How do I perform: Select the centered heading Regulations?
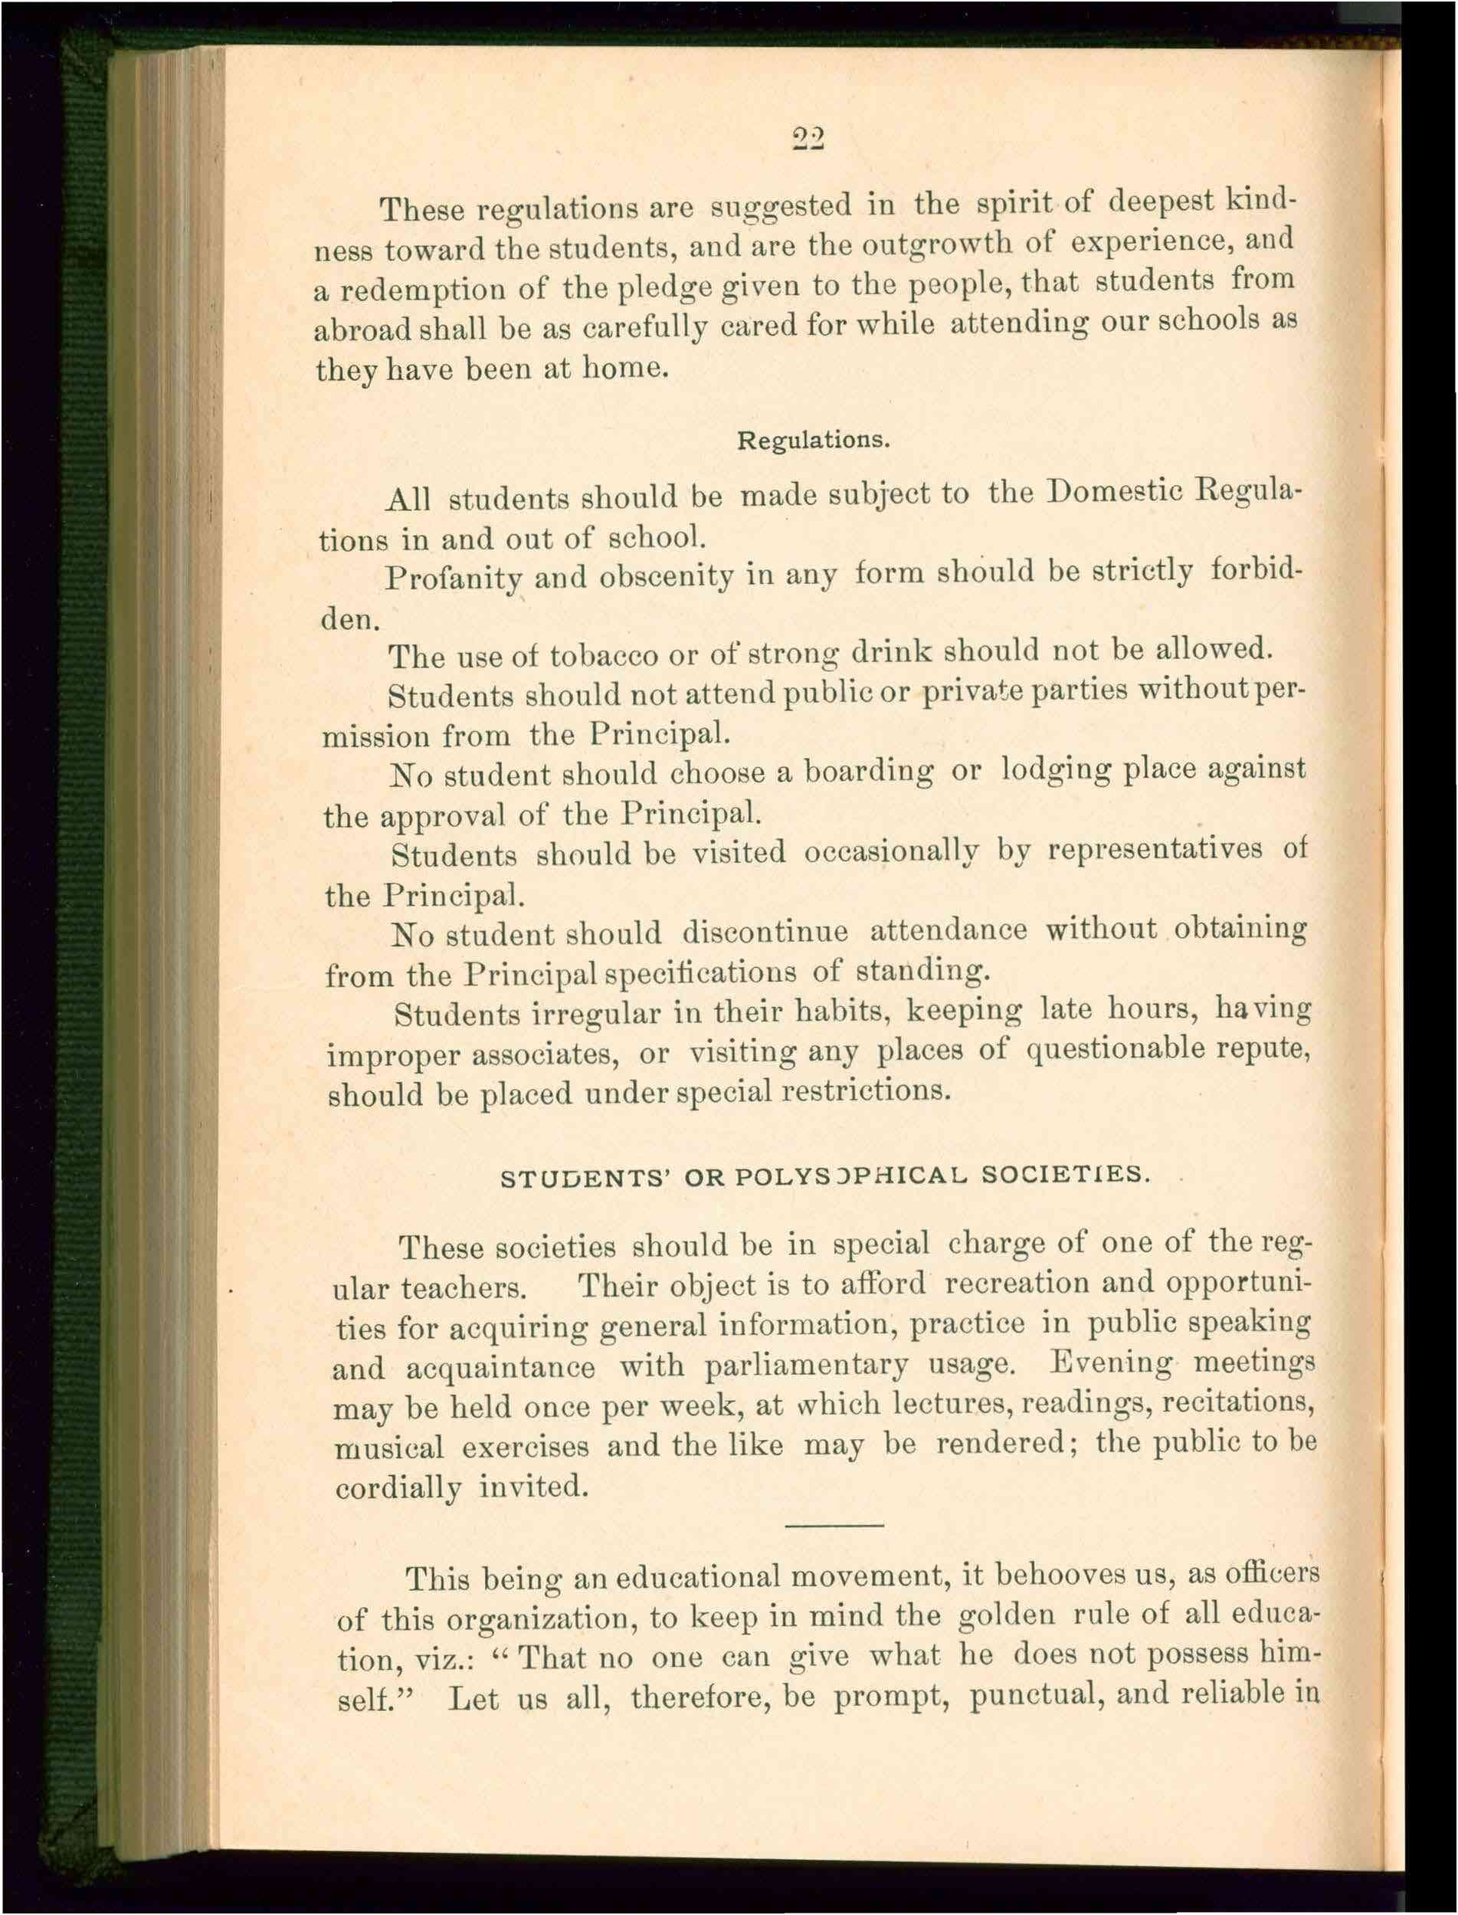[813, 439]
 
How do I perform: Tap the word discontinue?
[765, 932]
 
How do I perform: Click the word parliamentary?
[806, 1366]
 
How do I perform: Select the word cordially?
[398, 1489]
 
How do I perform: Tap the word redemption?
[422, 289]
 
